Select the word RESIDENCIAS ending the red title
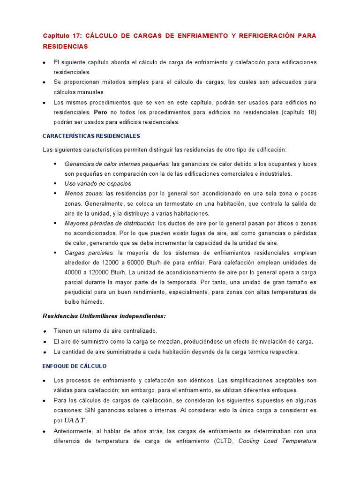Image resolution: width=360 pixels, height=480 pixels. coord(65,47)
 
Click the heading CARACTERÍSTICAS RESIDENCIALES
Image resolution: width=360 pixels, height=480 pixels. coord(91,136)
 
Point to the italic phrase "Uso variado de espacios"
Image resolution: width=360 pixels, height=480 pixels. coord(98,184)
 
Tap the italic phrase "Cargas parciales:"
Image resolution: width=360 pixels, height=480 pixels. coord(90,253)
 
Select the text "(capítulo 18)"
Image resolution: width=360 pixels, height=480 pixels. coord(298,112)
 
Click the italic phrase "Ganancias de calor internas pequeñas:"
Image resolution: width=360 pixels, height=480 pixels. coord(117,164)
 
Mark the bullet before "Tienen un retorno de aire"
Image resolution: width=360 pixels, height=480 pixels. coord(44,331)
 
